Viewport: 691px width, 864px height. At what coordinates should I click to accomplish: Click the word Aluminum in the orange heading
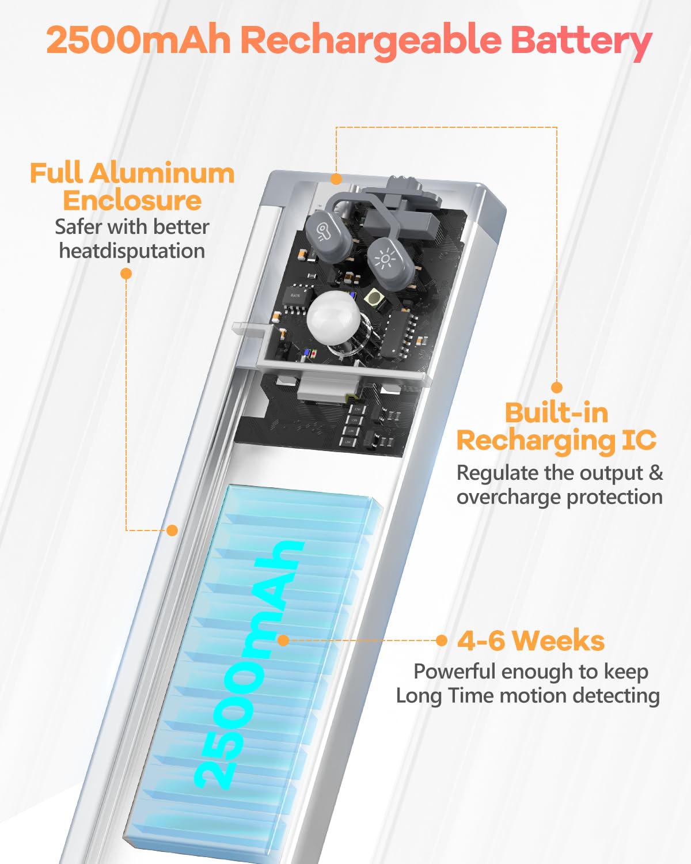point(162,173)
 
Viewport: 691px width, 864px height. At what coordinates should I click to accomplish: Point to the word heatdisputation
point(132,251)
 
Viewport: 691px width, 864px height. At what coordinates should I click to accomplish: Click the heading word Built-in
point(556,413)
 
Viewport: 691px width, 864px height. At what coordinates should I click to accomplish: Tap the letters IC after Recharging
point(639,441)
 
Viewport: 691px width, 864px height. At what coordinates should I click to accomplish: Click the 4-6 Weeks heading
point(531,641)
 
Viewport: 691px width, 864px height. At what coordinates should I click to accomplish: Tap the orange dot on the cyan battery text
point(283,641)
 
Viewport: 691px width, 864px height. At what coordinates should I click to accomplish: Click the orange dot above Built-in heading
point(556,387)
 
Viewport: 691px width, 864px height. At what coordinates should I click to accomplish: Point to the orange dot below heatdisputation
point(126,274)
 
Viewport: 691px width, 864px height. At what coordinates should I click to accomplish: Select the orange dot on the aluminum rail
point(172,530)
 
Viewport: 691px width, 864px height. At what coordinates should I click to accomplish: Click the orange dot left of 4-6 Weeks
point(442,641)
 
